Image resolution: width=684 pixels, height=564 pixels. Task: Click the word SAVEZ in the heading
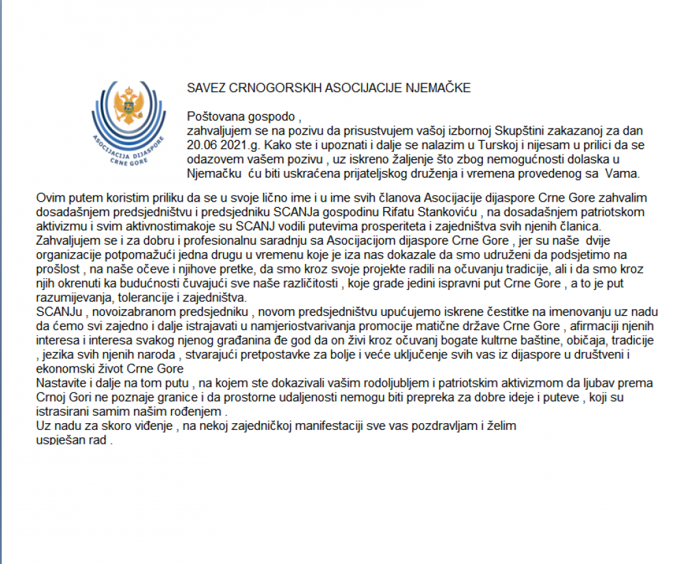[203, 89]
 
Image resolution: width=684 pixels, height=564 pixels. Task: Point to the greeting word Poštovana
[213, 118]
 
